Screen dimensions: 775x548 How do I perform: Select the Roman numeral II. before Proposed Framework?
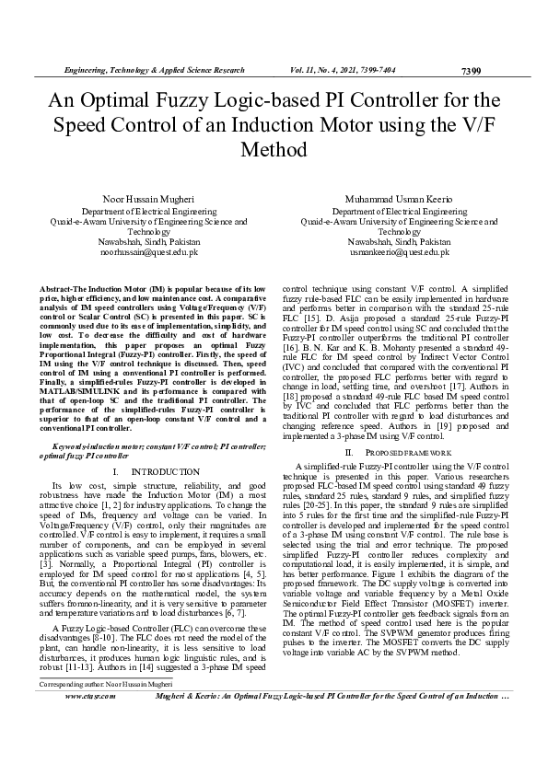pyautogui.click(x=350, y=454)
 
